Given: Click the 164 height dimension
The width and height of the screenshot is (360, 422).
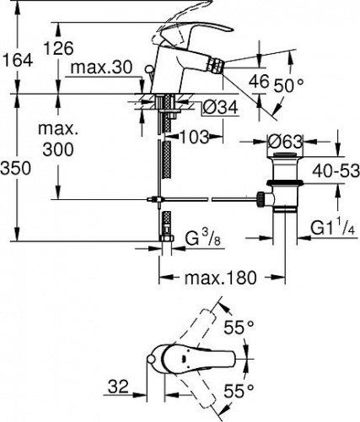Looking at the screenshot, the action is (x=17, y=61).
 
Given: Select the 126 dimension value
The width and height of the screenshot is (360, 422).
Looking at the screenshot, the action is (x=59, y=48).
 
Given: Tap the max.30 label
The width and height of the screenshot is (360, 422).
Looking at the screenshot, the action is (x=101, y=68).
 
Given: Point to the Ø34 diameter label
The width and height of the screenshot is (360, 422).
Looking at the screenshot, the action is (x=220, y=107).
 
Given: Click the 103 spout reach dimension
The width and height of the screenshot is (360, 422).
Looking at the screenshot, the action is (x=195, y=137).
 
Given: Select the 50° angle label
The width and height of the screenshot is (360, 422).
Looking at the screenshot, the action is (x=289, y=85).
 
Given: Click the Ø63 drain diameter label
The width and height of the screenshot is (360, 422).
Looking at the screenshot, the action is (x=285, y=142).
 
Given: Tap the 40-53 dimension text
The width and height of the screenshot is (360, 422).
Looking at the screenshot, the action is (x=336, y=170).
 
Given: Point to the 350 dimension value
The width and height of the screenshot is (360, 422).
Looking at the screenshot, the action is (x=15, y=169).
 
